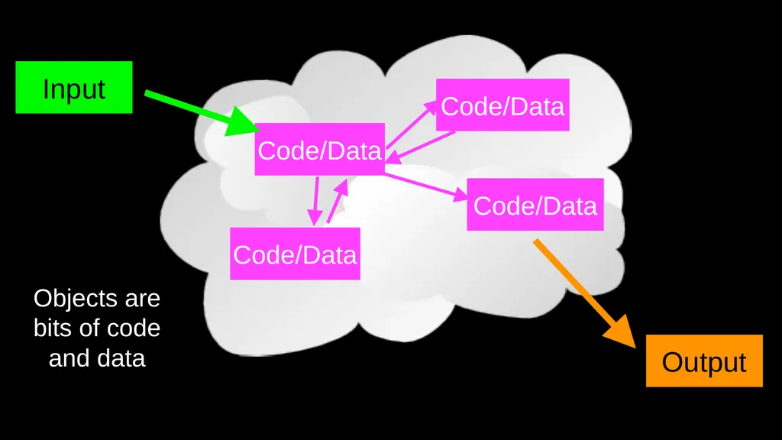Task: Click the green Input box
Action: pyautogui.click(x=74, y=87)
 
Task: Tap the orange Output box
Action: pyautogui.click(x=704, y=361)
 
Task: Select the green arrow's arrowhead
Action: pyautogui.click(x=243, y=121)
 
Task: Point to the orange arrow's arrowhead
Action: pyautogui.click(x=620, y=331)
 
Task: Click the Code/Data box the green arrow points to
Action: pyautogui.click(x=320, y=149)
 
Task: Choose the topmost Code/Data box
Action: pyautogui.click(x=502, y=105)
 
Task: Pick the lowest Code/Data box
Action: pyautogui.click(x=295, y=254)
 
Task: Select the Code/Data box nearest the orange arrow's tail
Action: pyautogui.click(x=535, y=205)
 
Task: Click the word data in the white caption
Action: pyautogui.click(x=121, y=357)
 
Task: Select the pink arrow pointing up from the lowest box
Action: pyautogui.click(x=337, y=201)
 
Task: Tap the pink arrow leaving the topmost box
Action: pyautogui.click(x=421, y=147)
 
